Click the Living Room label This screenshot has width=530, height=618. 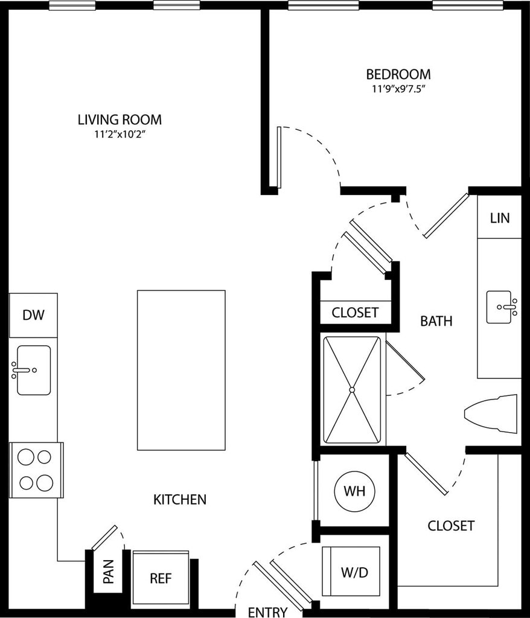(x=120, y=119)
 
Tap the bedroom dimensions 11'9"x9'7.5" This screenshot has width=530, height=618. (x=398, y=89)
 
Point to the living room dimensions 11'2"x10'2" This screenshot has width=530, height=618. (x=120, y=135)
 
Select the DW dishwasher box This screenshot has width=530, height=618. (x=33, y=315)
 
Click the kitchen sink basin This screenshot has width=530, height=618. (x=34, y=370)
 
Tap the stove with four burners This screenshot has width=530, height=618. (x=36, y=470)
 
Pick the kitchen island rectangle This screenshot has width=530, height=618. (x=182, y=370)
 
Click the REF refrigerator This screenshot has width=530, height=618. (x=161, y=578)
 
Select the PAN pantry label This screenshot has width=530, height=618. (x=108, y=571)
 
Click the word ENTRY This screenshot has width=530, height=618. (x=268, y=612)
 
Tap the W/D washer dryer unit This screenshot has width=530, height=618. (x=351, y=571)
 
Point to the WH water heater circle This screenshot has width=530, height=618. (x=354, y=491)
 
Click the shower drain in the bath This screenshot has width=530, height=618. (x=352, y=390)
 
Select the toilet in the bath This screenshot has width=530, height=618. (x=491, y=414)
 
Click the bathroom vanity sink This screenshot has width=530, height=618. (x=502, y=307)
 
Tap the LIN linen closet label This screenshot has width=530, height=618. (x=500, y=218)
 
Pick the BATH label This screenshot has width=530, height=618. (x=436, y=321)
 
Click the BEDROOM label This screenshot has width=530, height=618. (x=398, y=74)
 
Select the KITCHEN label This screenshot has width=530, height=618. (x=180, y=499)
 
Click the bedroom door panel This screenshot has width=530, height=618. (x=279, y=158)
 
